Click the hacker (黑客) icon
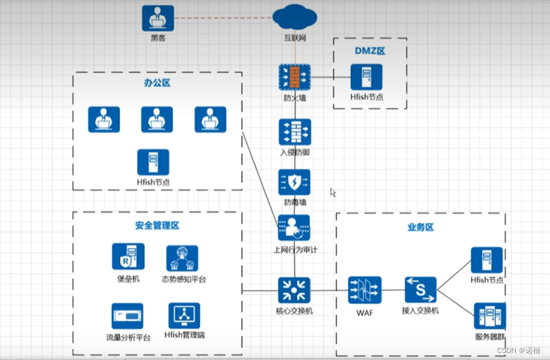pyautogui.click(x=158, y=18)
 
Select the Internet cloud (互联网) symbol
pyautogui.click(x=294, y=17)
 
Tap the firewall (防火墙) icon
pyautogui.click(x=294, y=77)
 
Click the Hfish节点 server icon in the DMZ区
pyautogui.click(x=366, y=77)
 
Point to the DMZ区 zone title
pyautogui.click(x=370, y=51)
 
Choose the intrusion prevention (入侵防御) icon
pyautogui.click(x=295, y=132)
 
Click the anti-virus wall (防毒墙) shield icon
pyautogui.click(x=294, y=182)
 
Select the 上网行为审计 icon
pyautogui.click(x=294, y=228)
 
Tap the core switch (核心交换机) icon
pyautogui.click(x=294, y=290)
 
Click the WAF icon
pyautogui.click(x=365, y=290)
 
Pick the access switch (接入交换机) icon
pyautogui.click(x=420, y=290)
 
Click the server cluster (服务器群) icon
pyautogui.click(x=490, y=316)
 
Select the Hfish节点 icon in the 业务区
pyautogui.click(x=487, y=260)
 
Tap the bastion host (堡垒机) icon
pyautogui.click(x=128, y=256)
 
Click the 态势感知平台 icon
pyautogui.click(x=182, y=258)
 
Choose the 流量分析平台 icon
pyautogui.click(x=127, y=316)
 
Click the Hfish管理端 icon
pyautogui.click(x=184, y=315)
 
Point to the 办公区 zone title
pyautogui.click(x=157, y=83)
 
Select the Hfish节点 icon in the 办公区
pyautogui.click(x=153, y=162)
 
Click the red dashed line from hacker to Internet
pyautogui.click(x=223, y=18)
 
